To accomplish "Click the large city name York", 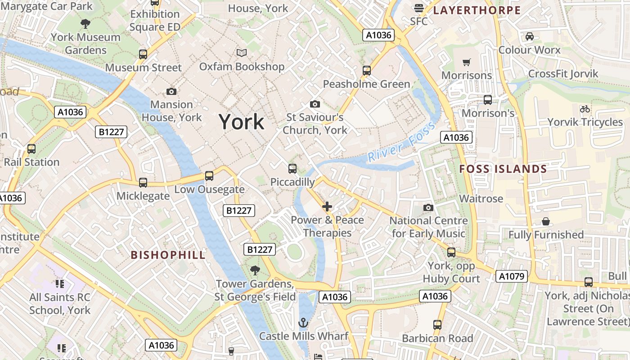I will tap(241, 122).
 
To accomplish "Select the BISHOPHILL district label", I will tap(168, 255).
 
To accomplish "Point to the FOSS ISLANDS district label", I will tap(503, 169).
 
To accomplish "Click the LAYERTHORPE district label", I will tap(477, 10).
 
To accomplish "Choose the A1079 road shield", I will tap(512, 276).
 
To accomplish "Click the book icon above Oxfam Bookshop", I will tap(242, 53).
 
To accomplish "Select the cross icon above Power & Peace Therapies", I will tap(327, 207).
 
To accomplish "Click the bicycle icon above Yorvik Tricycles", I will tap(585, 109).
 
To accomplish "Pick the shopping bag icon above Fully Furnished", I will tap(545, 221).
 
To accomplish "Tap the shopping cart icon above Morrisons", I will tap(467, 62).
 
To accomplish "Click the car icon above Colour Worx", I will tap(529, 36).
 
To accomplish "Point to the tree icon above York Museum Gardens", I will tap(85, 24).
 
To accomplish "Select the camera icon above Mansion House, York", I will tap(171, 91).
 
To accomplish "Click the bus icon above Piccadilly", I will tap(292, 169).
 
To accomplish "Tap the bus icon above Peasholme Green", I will tap(367, 71).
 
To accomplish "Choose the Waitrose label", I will tap(481, 198).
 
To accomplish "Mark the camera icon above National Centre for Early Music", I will tap(428, 207).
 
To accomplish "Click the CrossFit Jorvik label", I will tap(563, 74).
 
